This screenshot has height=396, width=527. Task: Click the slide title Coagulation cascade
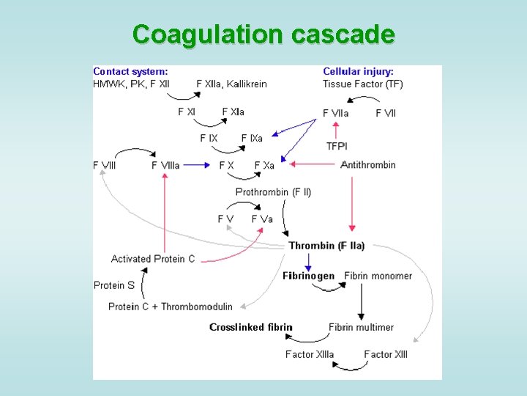(x=263, y=34)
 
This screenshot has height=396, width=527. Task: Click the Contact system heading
(x=130, y=72)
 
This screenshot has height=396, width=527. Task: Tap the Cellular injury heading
(x=359, y=72)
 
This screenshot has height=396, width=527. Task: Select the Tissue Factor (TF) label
(x=363, y=84)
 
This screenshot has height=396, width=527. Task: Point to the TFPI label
(x=337, y=147)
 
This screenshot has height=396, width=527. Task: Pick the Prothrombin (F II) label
(x=273, y=192)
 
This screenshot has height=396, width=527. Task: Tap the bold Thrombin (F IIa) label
(x=326, y=246)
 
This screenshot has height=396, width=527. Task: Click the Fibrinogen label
(x=308, y=276)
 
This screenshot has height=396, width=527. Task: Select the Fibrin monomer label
(x=378, y=276)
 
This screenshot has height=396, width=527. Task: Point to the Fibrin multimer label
(x=361, y=327)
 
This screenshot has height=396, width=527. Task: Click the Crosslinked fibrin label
(x=251, y=327)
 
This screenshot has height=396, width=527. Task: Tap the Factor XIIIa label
(x=310, y=354)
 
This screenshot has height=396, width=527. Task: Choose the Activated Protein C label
(x=153, y=259)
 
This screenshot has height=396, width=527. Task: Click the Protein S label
(x=114, y=285)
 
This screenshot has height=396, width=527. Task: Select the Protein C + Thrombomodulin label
(x=171, y=307)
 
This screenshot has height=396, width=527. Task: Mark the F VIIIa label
(x=165, y=165)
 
